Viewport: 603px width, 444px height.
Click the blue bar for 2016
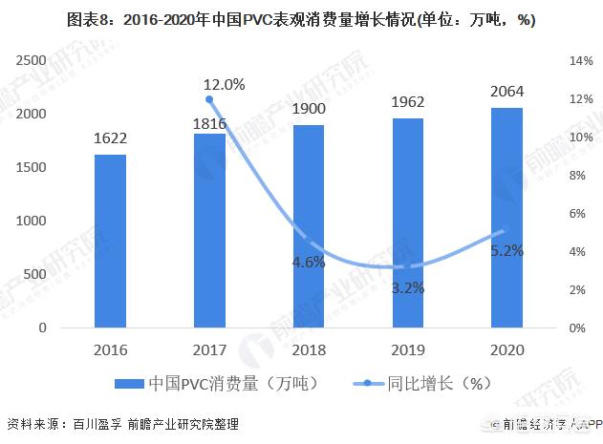tap(110, 241)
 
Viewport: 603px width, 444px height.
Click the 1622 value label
tap(110, 138)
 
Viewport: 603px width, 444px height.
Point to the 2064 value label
tap(506, 93)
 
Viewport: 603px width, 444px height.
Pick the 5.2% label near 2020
tap(506, 251)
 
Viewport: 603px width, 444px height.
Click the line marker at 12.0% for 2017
tap(209, 99)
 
